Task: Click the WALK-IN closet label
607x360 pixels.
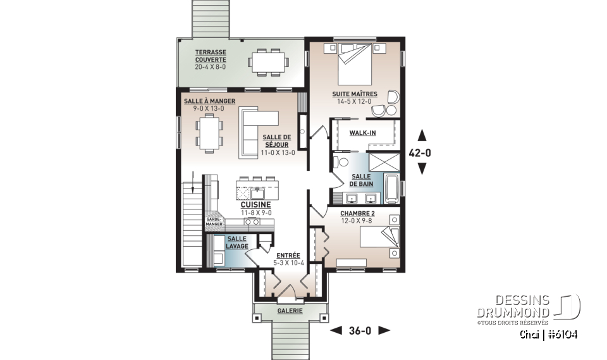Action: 363,133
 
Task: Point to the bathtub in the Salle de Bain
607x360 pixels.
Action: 392,189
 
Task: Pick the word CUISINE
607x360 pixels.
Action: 255,205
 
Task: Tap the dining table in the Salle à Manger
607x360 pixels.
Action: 207,133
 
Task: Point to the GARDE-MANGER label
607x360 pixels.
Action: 213,221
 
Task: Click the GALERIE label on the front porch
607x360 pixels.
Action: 290,311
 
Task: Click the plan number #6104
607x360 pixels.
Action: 561,334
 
